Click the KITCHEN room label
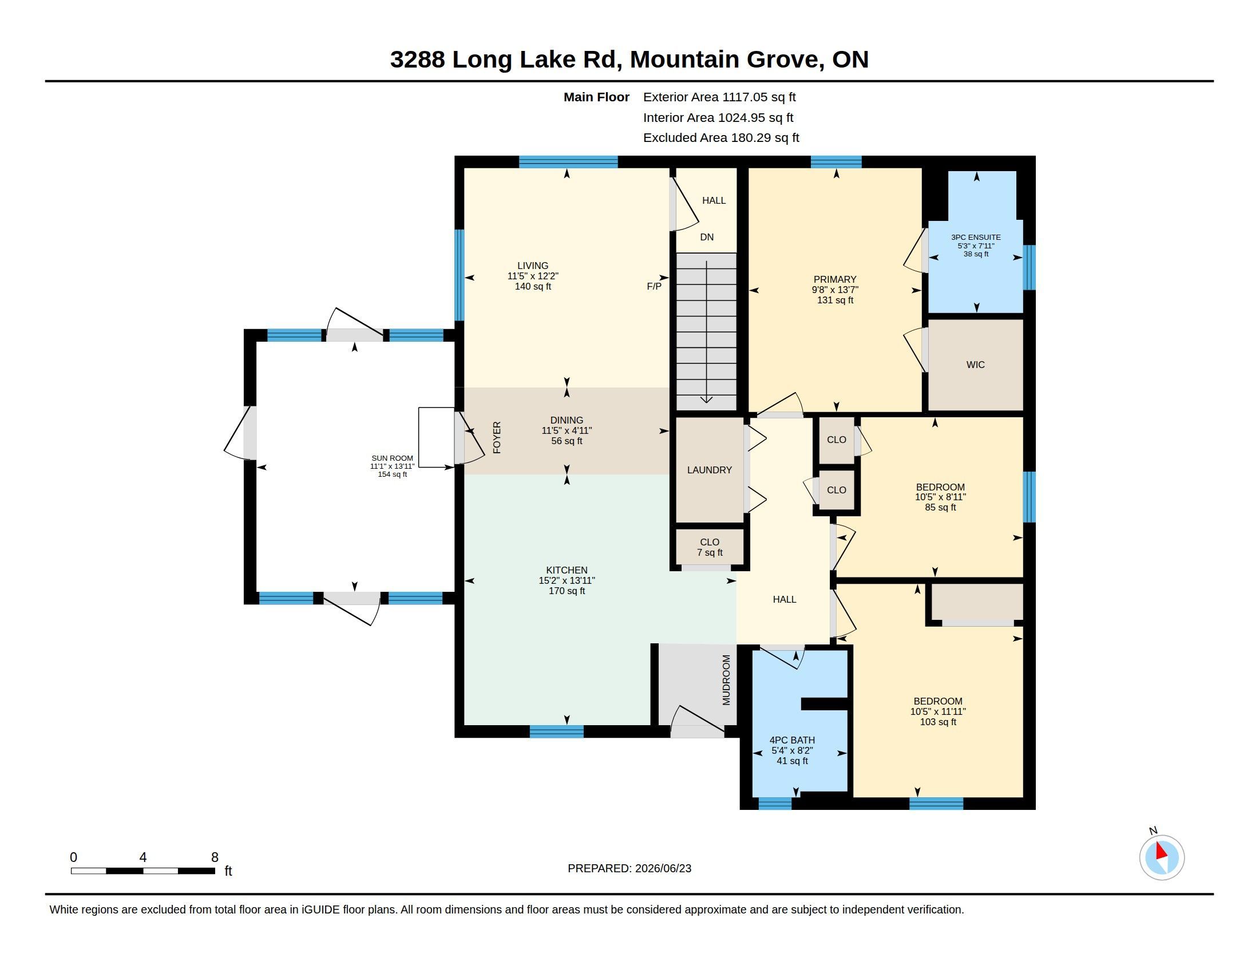point(567,570)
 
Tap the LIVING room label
point(533,266)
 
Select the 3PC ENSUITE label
point(976,237)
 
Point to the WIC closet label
point(975,364)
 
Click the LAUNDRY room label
point(710,470)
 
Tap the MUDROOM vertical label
point(726,679)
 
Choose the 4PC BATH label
point(792,740)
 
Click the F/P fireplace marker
point(654,286)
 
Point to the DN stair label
point(707,237)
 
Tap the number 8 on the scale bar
point(215,857)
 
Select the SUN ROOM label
point(392,458)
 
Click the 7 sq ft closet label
point(710,552)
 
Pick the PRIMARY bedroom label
point(835,279)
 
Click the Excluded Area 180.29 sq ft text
point(721,138)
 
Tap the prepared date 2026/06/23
point(663,868)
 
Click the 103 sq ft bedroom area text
point(938,722)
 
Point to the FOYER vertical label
point(497,437)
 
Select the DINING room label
point(567,420)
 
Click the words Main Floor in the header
point(597,97)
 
